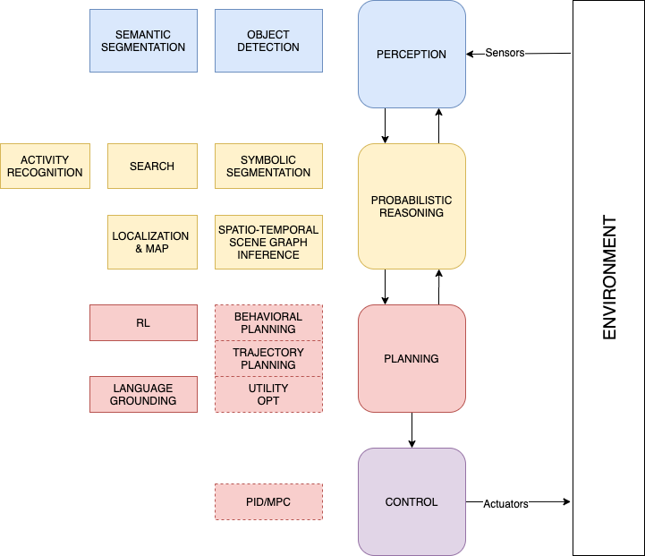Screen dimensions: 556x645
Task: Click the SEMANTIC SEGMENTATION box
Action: tap(143, 41)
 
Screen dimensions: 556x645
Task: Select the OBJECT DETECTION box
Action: tap(268, 41)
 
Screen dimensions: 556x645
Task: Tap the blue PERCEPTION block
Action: tap(412, 55)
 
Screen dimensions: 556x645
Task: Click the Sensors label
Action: tap(505, 53)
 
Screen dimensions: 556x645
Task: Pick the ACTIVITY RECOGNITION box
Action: tap(45, 167)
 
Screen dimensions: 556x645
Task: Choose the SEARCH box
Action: tap(152, 167)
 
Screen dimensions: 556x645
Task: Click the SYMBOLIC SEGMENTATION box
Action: tap(268, 167)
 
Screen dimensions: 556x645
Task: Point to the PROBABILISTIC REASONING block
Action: tap(412, 207)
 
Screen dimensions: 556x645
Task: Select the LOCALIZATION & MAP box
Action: tap(152, 243)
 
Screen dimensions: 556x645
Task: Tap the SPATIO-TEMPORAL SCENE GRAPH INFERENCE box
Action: tap(268, 243)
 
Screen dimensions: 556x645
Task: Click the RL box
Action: tap(143, 323)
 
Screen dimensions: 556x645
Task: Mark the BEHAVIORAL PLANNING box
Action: tap(268, 323)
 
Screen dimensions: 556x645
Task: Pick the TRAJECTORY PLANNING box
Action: tap(268, 359)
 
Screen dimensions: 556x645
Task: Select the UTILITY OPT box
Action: tap(268, 395)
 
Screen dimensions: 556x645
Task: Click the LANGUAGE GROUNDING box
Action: tap(143, 395)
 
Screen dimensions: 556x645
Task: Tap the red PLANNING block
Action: tap(412, 359)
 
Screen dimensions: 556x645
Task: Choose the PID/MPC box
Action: tap(268, 502)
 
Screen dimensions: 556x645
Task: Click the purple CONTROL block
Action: tap(412, 502)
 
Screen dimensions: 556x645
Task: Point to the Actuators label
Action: tap(505, 504)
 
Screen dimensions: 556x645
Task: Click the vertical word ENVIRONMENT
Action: tap(610, 278)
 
